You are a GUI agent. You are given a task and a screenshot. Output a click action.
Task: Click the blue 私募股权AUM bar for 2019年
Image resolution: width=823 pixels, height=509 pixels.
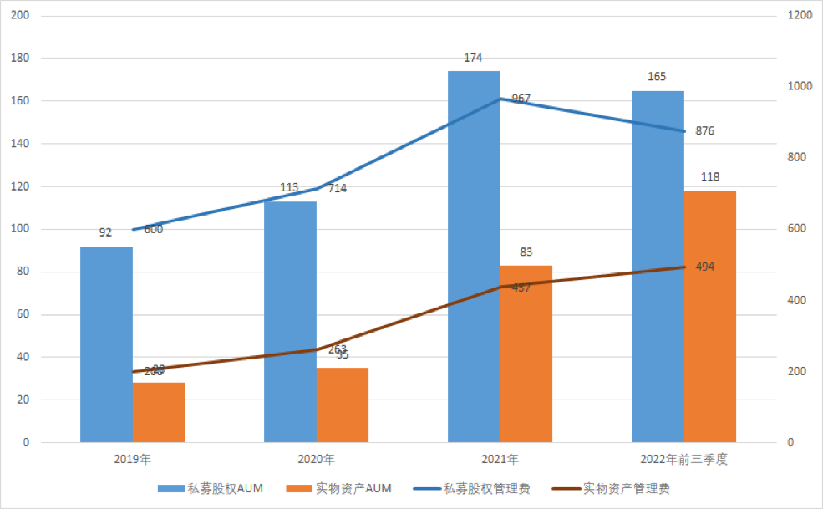coord(106,344)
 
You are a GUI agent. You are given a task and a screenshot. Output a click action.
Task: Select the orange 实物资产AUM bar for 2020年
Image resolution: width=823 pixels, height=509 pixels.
coord(343,405)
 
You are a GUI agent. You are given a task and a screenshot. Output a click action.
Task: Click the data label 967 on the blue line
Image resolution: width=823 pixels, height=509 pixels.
coord(521,99)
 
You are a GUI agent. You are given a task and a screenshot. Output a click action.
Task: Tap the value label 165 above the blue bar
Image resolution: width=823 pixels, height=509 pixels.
coord(657,77)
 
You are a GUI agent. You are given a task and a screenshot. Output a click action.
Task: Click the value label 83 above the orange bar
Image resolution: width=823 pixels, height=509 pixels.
coord(526,252)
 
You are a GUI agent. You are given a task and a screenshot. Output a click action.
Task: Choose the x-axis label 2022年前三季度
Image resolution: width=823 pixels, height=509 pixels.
coord(684,460)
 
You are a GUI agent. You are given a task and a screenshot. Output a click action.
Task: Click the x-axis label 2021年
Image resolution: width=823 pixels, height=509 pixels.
coord(500,460)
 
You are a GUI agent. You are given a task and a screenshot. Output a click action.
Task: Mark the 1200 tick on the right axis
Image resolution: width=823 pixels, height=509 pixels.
coord(798,16)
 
